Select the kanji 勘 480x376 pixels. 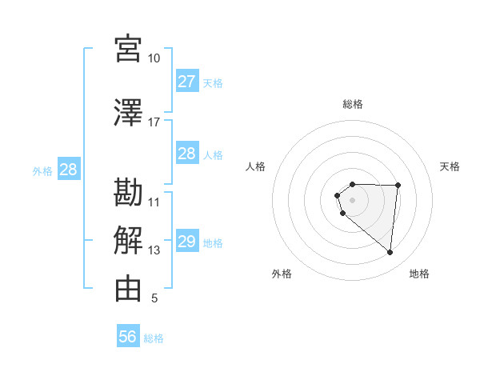[128, 193]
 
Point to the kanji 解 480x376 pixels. [128, 240]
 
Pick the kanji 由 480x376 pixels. [128, 289]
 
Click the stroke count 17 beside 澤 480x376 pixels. [154, 122]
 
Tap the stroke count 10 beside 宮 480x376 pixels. [154, 58]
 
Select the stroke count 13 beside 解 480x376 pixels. [154, 250]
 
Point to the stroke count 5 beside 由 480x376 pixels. [154, 298]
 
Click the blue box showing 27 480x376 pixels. [186, 82]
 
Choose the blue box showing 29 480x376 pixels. [186, 242]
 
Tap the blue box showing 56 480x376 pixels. [127, 337]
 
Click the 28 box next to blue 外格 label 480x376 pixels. [68, 170]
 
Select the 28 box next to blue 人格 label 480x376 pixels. [186, 154]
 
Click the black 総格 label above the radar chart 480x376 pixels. [352, 104]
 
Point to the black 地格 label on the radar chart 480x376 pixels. [419, 274]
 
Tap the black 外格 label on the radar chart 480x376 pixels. [282, 274]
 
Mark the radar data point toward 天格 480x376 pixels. [398, 186]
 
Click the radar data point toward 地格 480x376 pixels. [390, 253]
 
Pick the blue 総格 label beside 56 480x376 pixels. [154, 338]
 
